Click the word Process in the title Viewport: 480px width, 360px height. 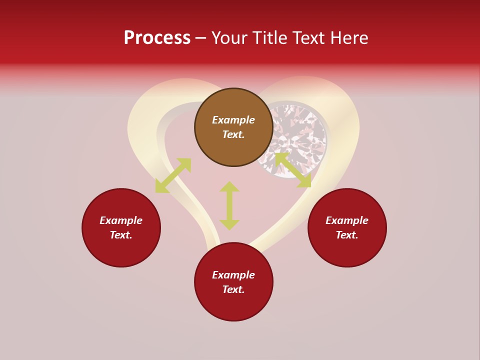pos(157,38)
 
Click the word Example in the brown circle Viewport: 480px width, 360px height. pos(233,120)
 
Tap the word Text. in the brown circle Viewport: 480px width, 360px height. pos(233,134)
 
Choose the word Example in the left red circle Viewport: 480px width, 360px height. pos(121,220)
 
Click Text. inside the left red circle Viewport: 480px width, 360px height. pos(121,235)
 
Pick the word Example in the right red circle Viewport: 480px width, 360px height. pos(347,220)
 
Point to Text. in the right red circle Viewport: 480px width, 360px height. pos(347,235)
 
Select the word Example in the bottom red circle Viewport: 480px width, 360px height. pos(233,275)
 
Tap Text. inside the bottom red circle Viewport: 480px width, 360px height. pos(233,289)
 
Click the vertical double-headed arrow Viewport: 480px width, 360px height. pos(229,205)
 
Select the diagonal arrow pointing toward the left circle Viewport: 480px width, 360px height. pos(173,175)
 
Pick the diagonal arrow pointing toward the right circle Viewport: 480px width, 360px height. pos(293,170)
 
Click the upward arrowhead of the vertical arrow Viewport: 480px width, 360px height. pos(229,186)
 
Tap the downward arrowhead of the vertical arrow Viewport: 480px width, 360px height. pos(229,225)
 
